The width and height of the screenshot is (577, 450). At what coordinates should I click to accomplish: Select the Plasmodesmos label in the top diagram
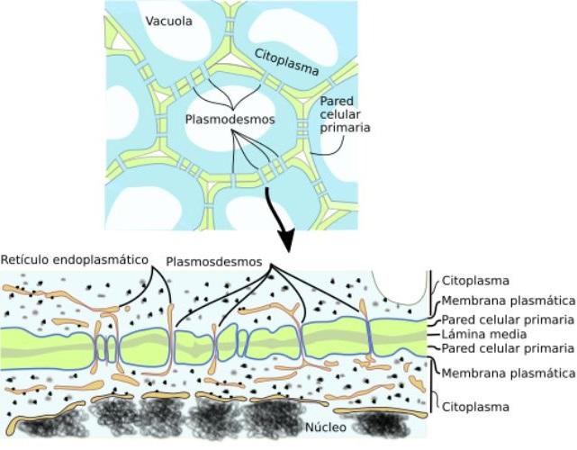click(230, 119)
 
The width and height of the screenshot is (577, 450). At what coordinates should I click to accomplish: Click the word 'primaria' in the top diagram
click(346, 128)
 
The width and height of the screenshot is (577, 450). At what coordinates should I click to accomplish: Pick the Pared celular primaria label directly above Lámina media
click(507, 319)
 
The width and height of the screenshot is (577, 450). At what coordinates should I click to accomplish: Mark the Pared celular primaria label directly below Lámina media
click(507, 348)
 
